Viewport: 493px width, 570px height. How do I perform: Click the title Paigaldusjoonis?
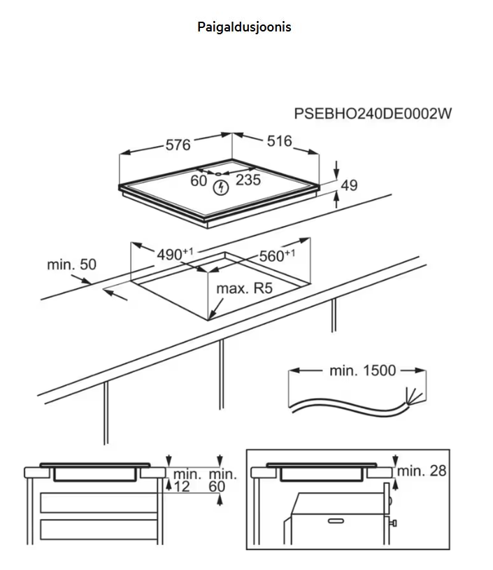point(244,27)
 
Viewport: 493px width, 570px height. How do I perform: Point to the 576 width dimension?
point(178,145)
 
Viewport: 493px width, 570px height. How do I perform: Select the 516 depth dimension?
point(279,141)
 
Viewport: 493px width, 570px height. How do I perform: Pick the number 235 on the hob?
point(248,180)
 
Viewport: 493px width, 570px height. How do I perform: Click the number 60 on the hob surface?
point(199,180)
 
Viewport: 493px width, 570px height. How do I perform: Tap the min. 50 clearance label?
point(71,264)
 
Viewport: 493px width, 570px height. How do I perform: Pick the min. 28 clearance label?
point(422,471)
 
